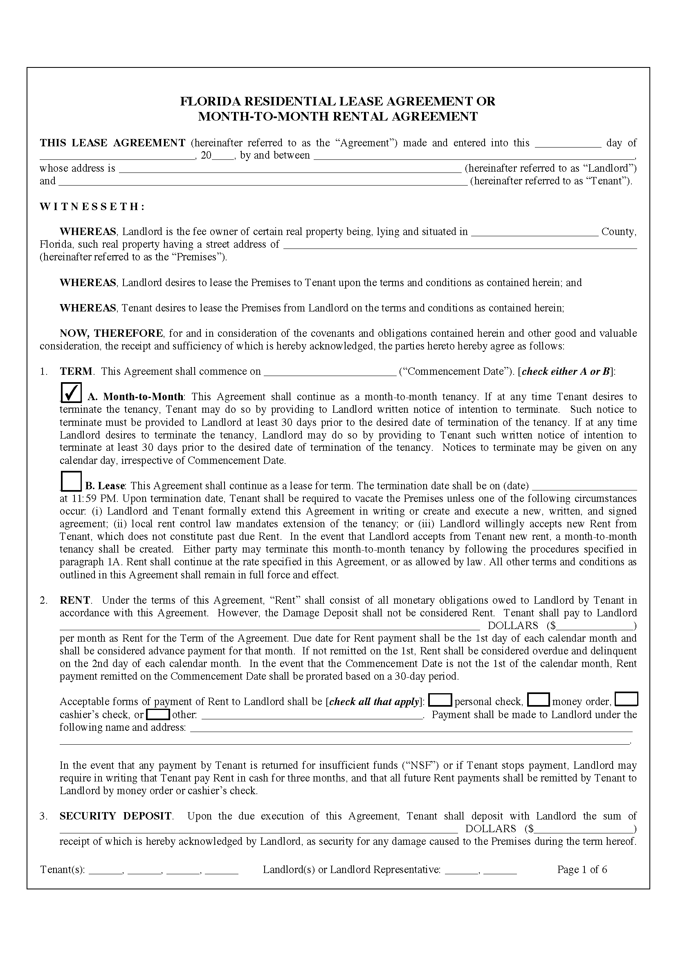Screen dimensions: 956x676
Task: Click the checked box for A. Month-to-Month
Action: coord(71,392)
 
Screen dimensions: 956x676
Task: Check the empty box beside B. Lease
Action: coord(71,482)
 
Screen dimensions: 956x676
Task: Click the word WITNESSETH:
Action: coord(92,207)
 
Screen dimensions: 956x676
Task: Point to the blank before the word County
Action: coord(535,232)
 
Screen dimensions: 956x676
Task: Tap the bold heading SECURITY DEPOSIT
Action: coord(116,816)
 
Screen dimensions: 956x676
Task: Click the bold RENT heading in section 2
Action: coord(75,600)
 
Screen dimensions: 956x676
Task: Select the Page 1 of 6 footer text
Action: coord(582,869)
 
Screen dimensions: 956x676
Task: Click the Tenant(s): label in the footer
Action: coord(63,869)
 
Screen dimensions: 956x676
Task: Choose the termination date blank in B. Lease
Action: coord(584,486)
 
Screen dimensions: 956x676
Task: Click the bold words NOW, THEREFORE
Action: coord(111,333)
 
